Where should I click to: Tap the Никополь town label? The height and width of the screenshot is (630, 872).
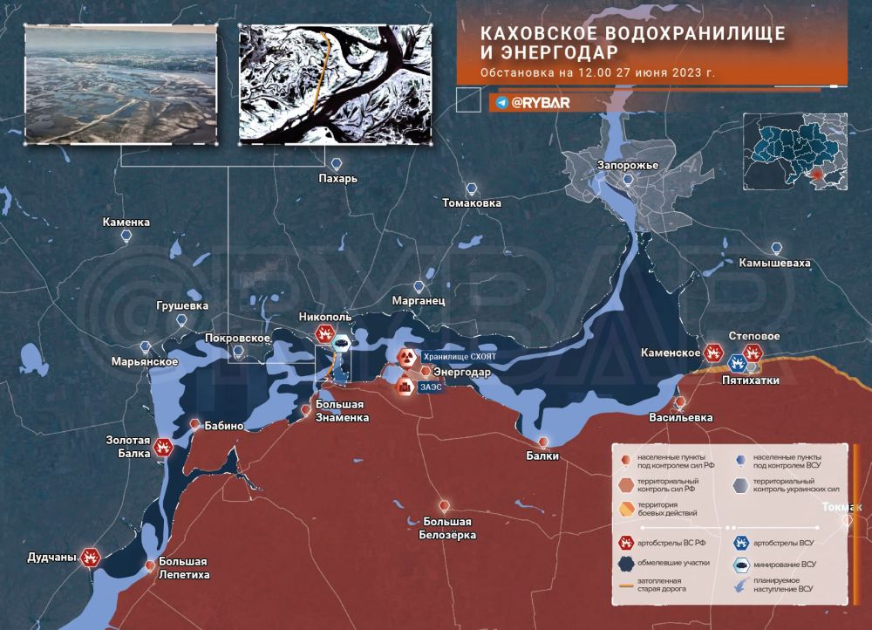point(324,318)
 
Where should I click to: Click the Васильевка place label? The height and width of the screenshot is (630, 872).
point(681,417)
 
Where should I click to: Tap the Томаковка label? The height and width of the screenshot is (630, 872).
point(472,202)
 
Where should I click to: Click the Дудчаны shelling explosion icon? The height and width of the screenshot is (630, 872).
point(91,557)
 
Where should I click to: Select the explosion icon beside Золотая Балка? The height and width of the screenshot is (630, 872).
point(163,448)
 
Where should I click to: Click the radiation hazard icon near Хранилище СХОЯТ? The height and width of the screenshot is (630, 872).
point(407,357)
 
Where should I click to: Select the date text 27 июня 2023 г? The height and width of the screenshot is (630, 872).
point(665,72)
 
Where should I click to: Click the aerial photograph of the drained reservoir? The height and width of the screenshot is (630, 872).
point(120,83)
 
